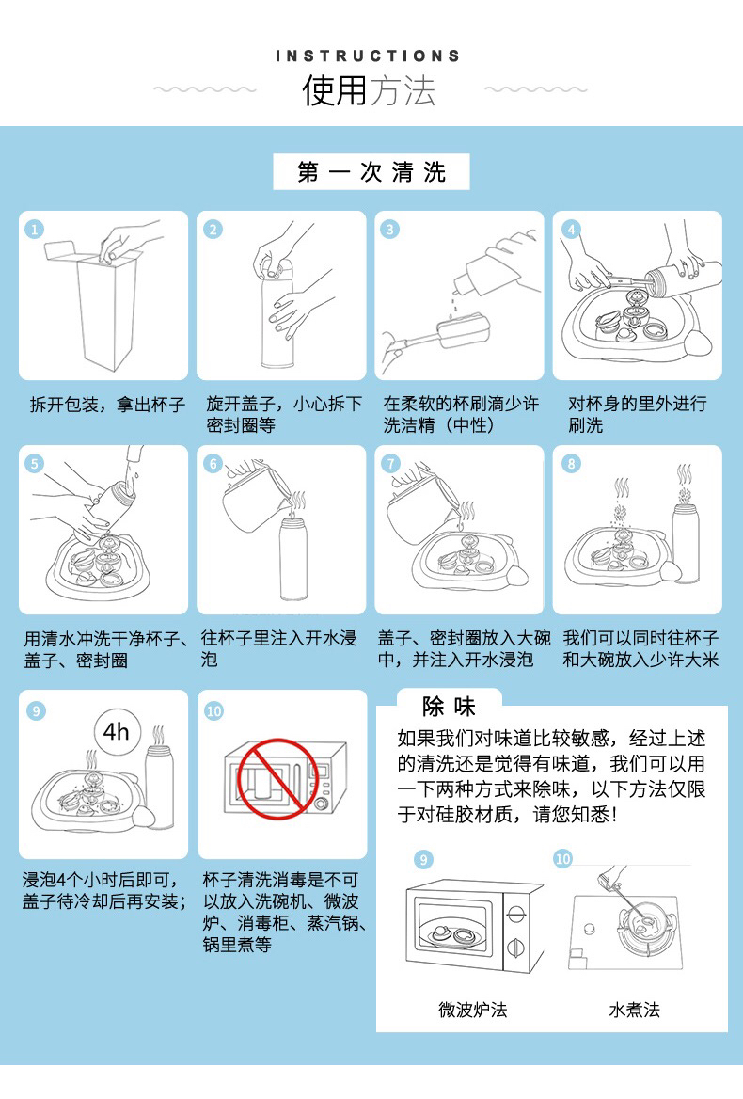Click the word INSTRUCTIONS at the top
click(368, 56)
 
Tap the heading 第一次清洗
click(371, 172)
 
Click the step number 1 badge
click(34, 230)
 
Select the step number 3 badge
click(390, 230)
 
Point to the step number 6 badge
click(213, 463)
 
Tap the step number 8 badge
click(572, 463)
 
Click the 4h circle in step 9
click(117, 732)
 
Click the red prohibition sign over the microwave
click(278, 779)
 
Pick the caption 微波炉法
click(473, 1010)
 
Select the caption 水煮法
click(635, 1010)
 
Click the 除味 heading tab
click(449, 707)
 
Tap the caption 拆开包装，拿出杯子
click(108, 405)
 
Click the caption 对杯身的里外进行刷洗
click(638, 414)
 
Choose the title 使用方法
click(369, 91)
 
